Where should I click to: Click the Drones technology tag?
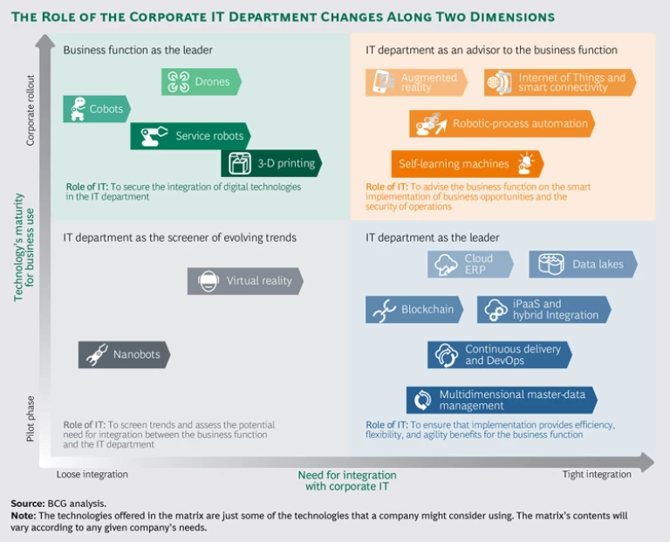tap(202, 82)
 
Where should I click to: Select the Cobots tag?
tap(97, 109)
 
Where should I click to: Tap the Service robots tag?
tap(191, 136)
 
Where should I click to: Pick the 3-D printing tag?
tap(271, 163)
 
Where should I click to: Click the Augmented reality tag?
tap(420, 83)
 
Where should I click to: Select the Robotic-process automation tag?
tap(502, 124)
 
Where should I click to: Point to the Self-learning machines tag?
tap(467, 164)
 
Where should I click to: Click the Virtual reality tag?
tap(245, 281)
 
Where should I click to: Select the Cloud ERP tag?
tap(470, 264)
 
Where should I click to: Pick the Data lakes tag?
tap(583, 264)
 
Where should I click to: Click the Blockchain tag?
tap(414, 310)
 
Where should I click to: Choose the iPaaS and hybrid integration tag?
tap(544, 310)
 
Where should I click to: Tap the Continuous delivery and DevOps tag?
tap(500, 354)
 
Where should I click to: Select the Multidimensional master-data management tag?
tap(502, 400)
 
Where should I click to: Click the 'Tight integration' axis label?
tap(597, 475)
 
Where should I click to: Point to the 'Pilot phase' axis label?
tap(31, 418)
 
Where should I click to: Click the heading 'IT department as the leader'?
tap(433, 237)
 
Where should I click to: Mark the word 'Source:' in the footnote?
tap(27, 504)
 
